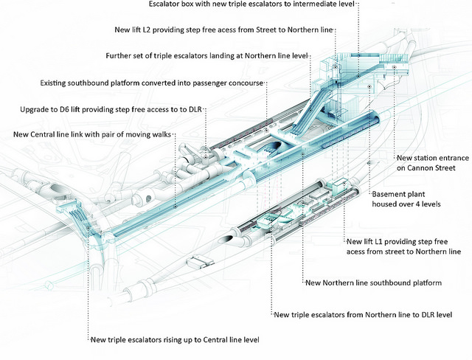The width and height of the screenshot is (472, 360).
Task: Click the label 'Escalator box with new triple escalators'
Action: pyautogui.click(x=251, y=4)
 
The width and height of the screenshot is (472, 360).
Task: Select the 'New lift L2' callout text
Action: pyautogui.click(x=223, y=30)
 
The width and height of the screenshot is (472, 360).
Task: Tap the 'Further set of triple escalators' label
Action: pyautogui.click(x=206, y=55)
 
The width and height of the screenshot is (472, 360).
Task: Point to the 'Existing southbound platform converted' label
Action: pyautogui.click(x=152, y=83)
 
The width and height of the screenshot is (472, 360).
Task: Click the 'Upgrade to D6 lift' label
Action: pyautogui.click(x=111, y=109)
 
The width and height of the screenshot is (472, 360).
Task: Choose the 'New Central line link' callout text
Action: pyautogui.click(x=92, y=134)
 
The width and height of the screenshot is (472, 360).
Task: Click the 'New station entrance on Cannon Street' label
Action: pyautogui.click(x=433, y=163)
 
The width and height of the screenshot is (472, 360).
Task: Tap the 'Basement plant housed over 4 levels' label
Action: pyautogui.click(x=406, y=199)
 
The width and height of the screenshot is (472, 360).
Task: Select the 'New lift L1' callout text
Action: pyautogui.click(x=403, y=246)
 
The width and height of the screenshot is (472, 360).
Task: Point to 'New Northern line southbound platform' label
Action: pyautogui.click(x=374, y=283)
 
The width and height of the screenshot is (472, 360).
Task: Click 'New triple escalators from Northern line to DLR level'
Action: pyautogui.click(x=363, y=315)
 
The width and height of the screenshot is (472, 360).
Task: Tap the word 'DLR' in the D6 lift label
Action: pyautogui.click(x=195, y=109)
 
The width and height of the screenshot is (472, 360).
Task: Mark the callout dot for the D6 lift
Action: pyautogui.click(x=206, y=157)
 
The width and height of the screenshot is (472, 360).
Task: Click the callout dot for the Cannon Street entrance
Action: pyautogui.click(x=394, y=67)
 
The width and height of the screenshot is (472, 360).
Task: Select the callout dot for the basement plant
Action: pyautogui.click(x=369, y=86)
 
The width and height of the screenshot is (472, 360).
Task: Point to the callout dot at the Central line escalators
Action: pyautogui.click(x=88, y=228)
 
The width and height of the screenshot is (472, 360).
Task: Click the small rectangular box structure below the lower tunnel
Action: pyautogui.click(x=200, y=261)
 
